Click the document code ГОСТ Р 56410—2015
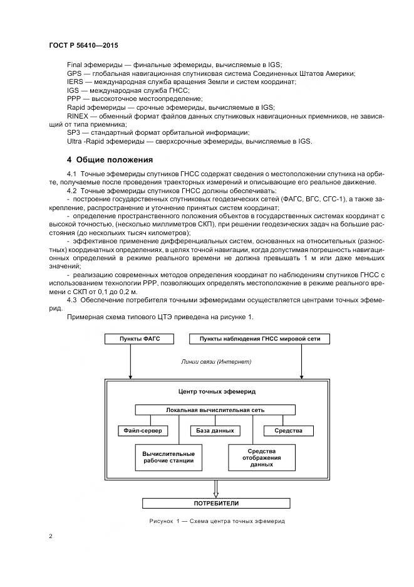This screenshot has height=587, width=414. tap(83, 46)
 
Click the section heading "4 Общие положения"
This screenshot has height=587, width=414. tap(110, 159)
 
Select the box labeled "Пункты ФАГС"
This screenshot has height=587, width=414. tap(131, 339)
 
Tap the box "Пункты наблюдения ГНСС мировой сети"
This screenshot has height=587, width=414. tap(259, 339)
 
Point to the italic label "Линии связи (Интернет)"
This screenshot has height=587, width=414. tap(215, 361)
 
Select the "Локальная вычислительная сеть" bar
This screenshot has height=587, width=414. tap(215, 410)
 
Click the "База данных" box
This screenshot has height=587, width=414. tap(215, 431)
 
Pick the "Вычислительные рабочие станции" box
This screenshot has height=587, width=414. tap(168, 457)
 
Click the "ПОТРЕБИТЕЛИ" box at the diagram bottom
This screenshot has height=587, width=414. tap(215, 503)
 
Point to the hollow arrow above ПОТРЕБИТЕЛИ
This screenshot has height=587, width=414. tap(215, 487)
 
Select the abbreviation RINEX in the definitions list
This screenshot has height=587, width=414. tap(78, 116)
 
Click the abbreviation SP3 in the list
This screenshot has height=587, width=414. tap(74, 132)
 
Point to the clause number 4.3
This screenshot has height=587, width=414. tap(72, 300)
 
